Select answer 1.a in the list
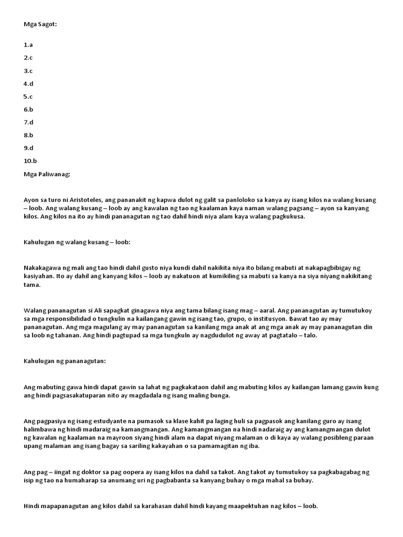tap(28, 45)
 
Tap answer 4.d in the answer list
tap(28, 84)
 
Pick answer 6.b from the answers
tap(28, 110)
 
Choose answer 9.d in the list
tap(28, 148)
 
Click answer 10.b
tap(30, 161)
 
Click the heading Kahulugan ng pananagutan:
tap(65, 361)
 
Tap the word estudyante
tap(98, 421)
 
